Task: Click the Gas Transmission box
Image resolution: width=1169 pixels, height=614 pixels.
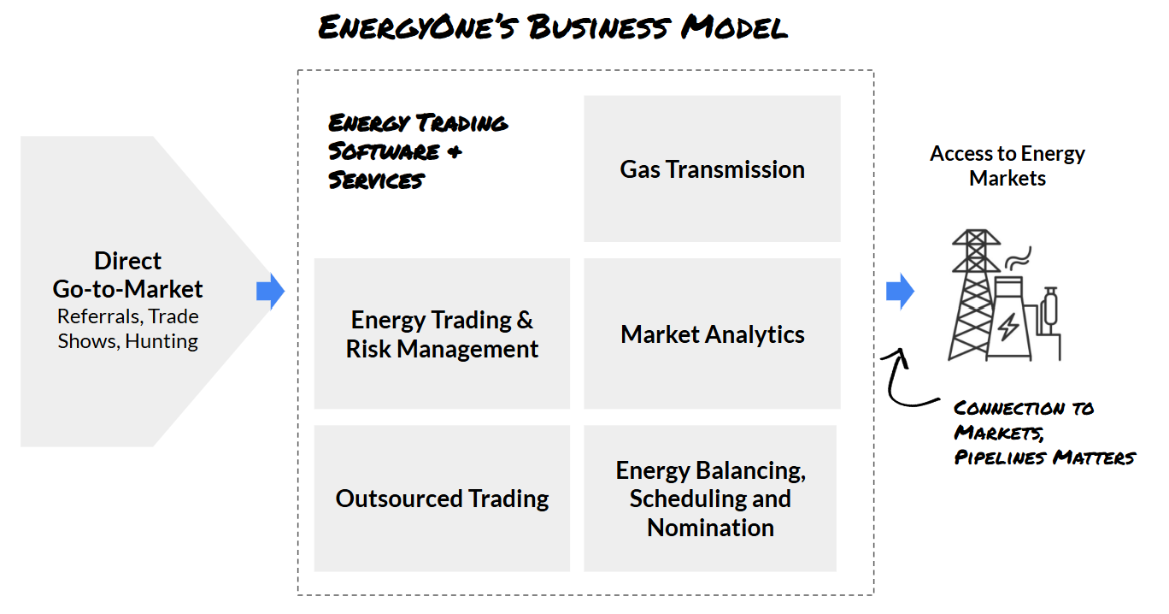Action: pyautogui.click(x=712, y=169)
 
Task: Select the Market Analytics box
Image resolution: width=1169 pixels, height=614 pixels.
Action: pyautogui.click(x=712, y=334)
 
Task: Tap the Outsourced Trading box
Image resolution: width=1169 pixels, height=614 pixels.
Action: pyautogui.click(x=442, y=499)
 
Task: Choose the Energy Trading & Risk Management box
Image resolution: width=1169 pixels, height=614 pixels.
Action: pyautogui.click(x=442, y=334)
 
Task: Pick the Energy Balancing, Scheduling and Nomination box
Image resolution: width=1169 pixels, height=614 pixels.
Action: pyautogui.click(x=710, y=499)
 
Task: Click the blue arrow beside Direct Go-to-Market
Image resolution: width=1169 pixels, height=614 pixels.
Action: pyautogui.click(x=270, y=292)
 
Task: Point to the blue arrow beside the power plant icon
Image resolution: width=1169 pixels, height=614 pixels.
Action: pyautogui.click(x=900, y=292)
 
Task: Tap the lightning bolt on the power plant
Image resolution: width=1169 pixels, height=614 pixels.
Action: pyautogui.click(x=1008, y=326)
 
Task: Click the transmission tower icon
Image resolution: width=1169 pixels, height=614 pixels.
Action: pyautogui.click(x=974, y=295)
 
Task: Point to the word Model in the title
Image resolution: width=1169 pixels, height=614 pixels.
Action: pyautogui.click(x=735, y=28)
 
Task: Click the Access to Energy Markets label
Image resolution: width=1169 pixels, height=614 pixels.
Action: pyautogui.click(x=1007, y=166)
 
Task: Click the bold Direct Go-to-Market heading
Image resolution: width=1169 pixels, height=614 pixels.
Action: pyautogui.click(x=128, y=275)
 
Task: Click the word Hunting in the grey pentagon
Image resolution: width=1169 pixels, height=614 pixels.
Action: pyautogui.click(x=162, y=341)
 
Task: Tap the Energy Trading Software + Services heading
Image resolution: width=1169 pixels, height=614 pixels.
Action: pyautogui.click(x=418, y=151)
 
